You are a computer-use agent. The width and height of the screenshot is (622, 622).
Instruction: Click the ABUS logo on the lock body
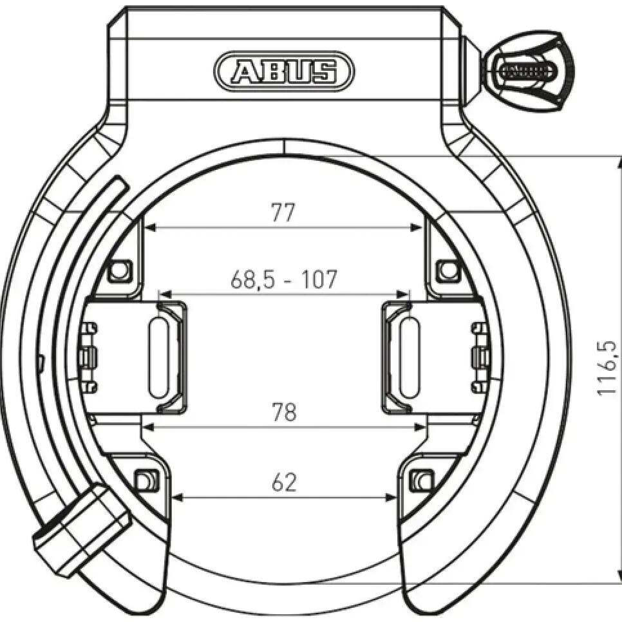(284, 71)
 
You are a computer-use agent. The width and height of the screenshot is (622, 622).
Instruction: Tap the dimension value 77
(283, 212)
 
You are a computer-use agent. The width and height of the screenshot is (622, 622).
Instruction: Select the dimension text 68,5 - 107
(283, 279)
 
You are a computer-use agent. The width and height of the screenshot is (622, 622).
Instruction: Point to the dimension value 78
(285, 412)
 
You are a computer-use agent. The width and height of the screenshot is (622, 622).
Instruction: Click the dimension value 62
(285, 483)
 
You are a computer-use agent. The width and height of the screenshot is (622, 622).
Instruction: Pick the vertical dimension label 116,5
(607, 368)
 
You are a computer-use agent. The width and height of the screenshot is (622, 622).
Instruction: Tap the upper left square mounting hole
(119, 271)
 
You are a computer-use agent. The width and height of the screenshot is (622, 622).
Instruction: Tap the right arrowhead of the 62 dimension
(391, 497)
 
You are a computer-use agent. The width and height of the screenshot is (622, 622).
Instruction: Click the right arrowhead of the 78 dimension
(419, 427)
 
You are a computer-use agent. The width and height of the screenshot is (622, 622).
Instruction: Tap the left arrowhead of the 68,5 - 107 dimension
(165, 294)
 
